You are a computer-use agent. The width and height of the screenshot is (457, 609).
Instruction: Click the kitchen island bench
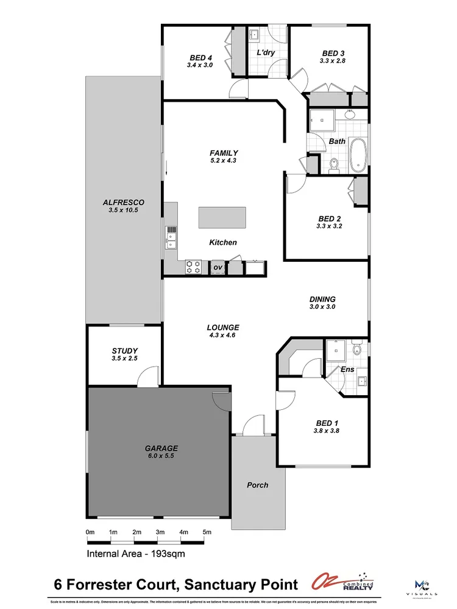coord(222,217)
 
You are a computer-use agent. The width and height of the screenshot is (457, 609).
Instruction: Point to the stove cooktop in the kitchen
coord(193,267)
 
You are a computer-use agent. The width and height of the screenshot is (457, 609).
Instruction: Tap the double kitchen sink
coord(171,238)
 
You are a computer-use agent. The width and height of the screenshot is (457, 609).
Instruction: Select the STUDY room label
coord(124,351)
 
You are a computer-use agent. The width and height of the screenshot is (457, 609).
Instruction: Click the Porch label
coord(257,485)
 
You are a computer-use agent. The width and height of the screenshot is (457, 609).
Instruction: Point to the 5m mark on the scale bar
coord(207,532)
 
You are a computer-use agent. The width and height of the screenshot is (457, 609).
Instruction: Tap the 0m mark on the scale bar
coord(90,532)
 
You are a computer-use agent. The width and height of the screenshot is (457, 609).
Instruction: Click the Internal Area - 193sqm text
coord(135,554)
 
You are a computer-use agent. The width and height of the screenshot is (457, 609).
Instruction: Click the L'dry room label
coord(266,53)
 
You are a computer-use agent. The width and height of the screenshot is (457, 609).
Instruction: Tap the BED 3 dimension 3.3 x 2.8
coord(333,61)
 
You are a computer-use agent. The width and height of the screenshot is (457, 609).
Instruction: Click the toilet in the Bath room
coord(333,164)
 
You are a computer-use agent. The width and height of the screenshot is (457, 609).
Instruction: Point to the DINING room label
coord(322,299)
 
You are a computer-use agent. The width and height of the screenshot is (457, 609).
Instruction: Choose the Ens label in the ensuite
coord(347,369)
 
